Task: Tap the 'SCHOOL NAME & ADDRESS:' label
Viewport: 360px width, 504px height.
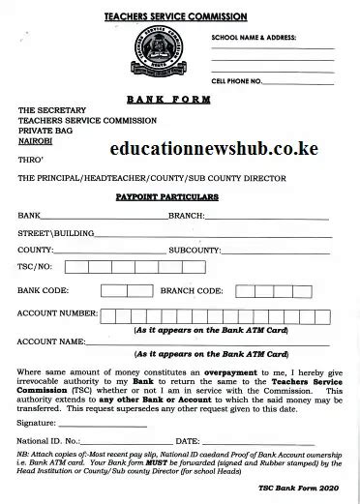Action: click(x=255, y=37)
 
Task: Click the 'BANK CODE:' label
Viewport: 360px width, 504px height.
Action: click(x=43, y=290)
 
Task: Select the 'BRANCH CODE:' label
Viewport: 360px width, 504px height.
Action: click(x=192, y=290)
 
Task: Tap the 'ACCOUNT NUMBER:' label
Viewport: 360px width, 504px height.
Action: click(x=57, y=314)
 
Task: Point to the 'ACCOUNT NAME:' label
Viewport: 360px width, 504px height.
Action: click(x=53, y=341)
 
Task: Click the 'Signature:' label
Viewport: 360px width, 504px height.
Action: click(x=36, y=423)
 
